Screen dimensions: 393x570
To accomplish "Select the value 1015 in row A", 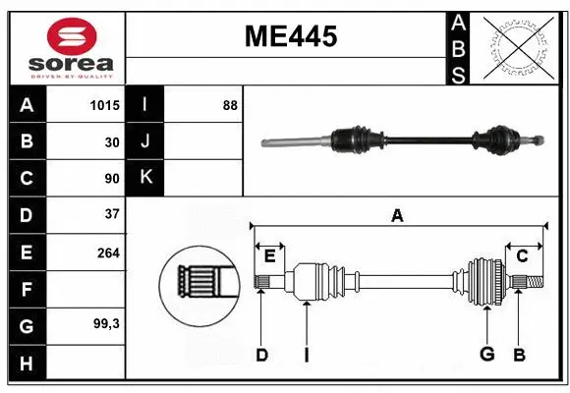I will point(103,105).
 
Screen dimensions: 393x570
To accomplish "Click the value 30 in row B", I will point(111,141).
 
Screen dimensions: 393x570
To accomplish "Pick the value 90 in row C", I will point(111,179).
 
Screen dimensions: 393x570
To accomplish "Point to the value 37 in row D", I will point(111,214).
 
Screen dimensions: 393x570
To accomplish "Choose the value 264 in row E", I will point(108,253).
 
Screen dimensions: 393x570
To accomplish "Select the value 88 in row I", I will point(230,105).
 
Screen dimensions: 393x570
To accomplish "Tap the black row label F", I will point(26,289).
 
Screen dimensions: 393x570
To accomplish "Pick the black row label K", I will point(145,178).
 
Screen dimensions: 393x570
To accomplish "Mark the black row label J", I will point(145,141).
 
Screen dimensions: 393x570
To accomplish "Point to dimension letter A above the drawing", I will point(397,215).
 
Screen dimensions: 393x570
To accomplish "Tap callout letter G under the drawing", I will point(485,355).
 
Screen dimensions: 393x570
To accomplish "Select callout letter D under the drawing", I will point(261,355).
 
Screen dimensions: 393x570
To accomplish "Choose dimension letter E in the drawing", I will point(270,256).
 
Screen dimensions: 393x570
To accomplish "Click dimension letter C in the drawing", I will point(523,256).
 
